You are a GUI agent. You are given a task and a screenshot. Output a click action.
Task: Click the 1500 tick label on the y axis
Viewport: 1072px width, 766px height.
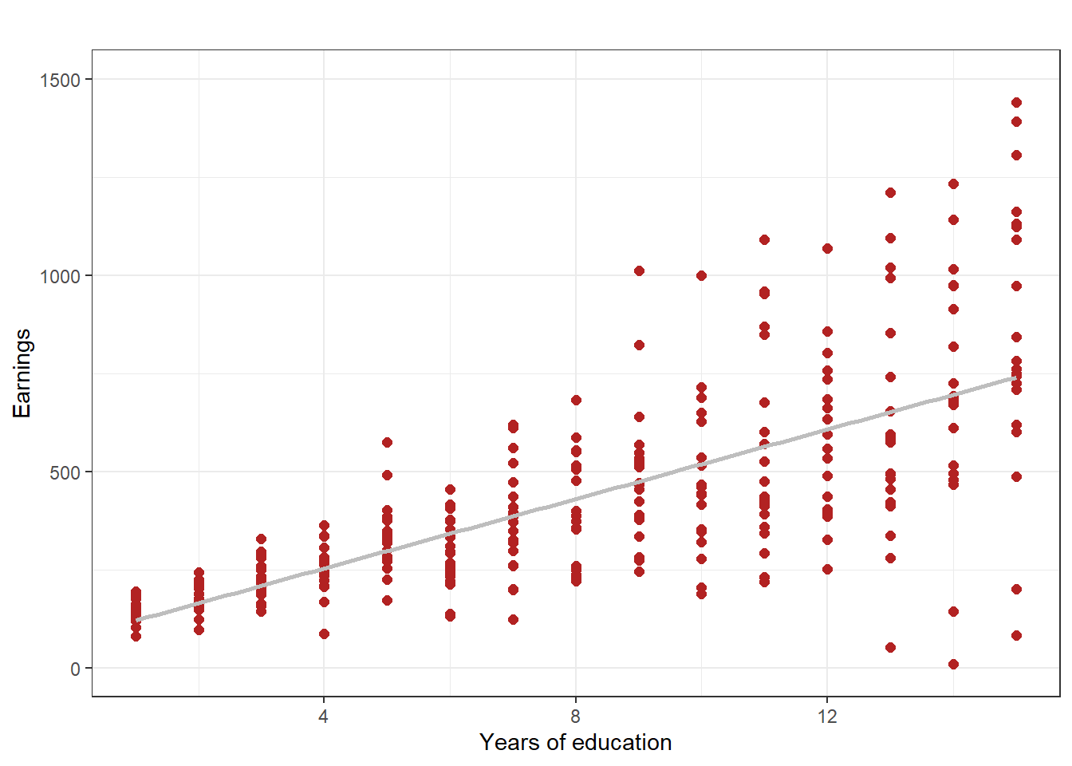pos(61,80)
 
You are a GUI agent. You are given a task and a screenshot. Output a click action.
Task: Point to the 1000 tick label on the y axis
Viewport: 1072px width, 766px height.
pos(61,276)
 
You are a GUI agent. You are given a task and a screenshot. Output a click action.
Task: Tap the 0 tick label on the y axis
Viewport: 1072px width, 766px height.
pos(76,669)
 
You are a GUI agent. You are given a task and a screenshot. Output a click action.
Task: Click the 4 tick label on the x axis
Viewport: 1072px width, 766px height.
pos(323,716)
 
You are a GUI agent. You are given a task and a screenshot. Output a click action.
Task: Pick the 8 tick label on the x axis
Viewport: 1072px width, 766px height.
pos(575,716)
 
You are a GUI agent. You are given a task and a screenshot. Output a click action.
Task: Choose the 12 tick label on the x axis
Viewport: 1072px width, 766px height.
pos(827,716)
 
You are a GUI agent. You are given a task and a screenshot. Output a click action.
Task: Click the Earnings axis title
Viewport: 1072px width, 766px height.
pos(22,373)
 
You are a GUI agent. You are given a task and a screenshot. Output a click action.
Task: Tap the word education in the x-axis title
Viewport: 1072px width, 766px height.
pos(621,742)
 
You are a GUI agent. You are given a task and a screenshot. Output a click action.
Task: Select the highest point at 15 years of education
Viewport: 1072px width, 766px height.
pos(1016,102)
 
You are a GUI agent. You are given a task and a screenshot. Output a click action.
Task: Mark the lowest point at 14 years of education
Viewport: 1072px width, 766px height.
pos(953,664)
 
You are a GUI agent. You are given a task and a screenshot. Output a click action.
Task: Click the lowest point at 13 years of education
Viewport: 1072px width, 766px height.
pos(890,647)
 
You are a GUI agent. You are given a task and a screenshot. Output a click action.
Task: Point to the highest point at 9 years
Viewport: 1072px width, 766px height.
pos(639,271)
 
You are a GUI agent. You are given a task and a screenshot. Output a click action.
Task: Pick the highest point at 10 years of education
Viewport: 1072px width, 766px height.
pos(701,275)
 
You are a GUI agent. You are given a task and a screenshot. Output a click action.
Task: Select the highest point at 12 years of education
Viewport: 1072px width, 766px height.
pos(827,248)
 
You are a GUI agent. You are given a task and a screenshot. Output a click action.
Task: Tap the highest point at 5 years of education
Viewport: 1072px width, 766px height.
pos(387,442)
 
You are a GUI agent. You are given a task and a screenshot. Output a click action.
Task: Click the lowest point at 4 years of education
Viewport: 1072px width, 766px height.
pos(324,634)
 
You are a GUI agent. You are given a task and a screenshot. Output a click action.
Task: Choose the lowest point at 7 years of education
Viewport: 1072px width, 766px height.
pos(513,619)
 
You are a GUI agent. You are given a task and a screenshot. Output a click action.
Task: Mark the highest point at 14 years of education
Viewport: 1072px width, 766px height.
pos(953,184)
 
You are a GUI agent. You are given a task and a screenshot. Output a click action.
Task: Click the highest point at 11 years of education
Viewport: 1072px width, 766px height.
pos(764,239)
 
